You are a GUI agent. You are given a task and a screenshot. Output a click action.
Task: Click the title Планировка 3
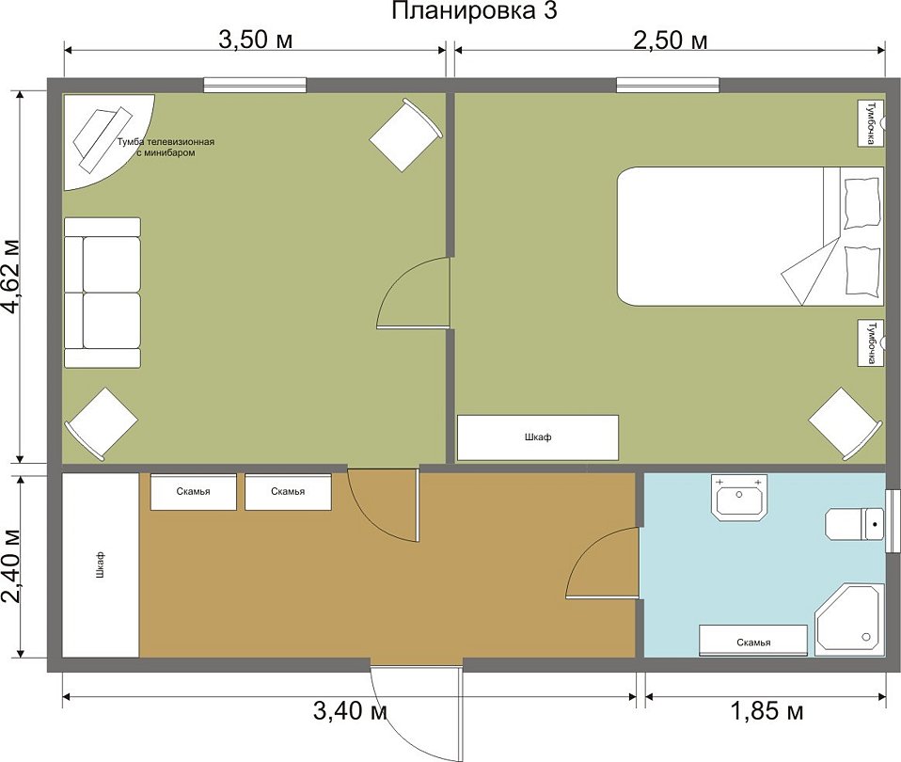coord(474,11)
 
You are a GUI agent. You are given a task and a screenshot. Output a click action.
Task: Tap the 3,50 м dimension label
coord(256,40)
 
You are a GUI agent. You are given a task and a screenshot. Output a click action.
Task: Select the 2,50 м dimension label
coord(670,40)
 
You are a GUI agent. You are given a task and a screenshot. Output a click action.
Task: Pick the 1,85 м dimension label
coord(767,711)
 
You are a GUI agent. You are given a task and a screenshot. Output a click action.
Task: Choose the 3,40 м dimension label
coord(350,711)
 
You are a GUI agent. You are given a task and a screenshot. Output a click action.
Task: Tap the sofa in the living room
coord(103,293)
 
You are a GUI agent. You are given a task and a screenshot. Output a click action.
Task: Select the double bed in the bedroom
coord(751,236)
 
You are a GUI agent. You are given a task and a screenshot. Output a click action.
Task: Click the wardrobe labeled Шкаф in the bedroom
coord(538,437)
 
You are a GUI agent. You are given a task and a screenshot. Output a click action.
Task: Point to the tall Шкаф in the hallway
coord(101,564)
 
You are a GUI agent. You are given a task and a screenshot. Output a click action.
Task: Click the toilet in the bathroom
coord(855,524)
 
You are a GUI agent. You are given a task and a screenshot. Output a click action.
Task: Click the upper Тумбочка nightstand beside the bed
coord(871,123)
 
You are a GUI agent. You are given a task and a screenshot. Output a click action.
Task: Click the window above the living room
coord(255,85)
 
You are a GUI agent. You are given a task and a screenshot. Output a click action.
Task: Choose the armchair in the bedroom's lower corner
coord(845,423)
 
